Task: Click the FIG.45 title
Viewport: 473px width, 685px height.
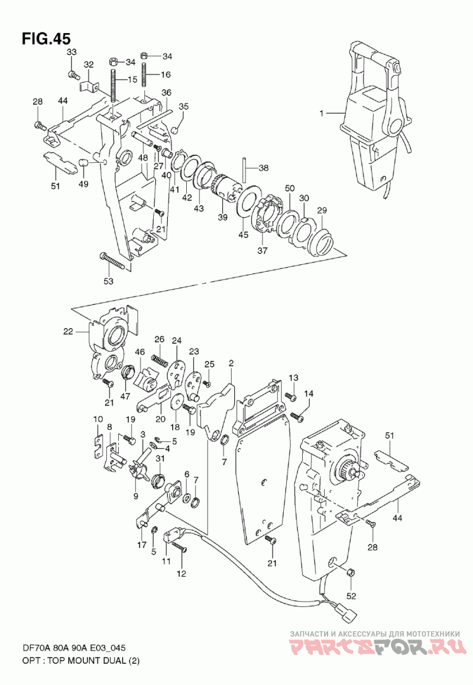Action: (x=46, y=38)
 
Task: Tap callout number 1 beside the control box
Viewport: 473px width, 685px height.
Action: (x=321, y=113)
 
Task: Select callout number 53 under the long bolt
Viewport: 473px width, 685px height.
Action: (x=108, y=281)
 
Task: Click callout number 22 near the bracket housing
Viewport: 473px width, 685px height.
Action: (x=68, y=332)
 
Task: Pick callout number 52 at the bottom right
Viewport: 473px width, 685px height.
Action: (x=351, y=596)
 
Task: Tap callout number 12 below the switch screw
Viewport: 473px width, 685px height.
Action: (x=181, y=574)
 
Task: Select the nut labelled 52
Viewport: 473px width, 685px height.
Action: (x=351, y=573)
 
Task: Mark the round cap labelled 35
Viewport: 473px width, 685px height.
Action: (x=174, y=129)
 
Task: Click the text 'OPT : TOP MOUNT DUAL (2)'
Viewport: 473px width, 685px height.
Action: (x=80, y=661)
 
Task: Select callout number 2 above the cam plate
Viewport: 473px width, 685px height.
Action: (x=231, y=363)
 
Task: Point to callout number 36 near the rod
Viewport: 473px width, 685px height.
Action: (x=166, y=93)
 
